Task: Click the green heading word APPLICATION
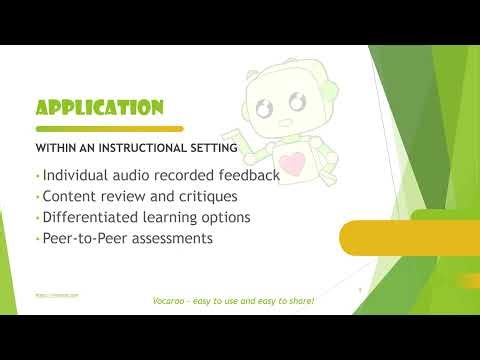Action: [x=99, y=108]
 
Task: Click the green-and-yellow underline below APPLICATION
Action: [x=109, y=129]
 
